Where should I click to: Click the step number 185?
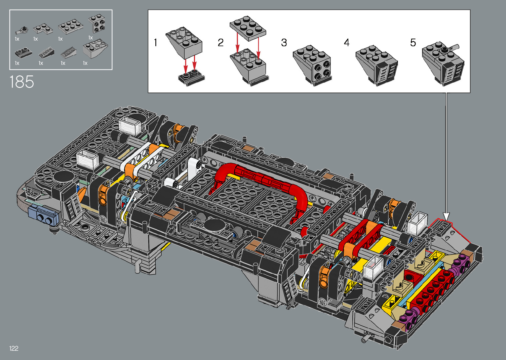click(22, 82)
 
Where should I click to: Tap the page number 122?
click(14, 348)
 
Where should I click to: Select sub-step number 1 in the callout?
click(155, 43)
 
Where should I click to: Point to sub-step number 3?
click(284, 43)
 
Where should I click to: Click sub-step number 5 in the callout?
click(413, 43)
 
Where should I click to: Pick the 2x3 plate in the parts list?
click(70, 27)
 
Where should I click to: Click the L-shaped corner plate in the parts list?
click(43, 29)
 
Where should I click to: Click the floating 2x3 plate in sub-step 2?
click(248, 28)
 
